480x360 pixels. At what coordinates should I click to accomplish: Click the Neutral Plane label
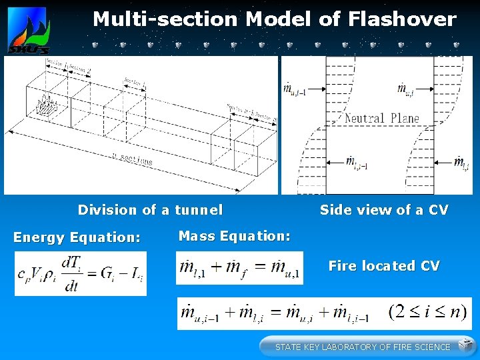pyautogui.click(x=382, y=119)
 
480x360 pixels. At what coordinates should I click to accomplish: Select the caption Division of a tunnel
pyautogui.click(x=150, y=210)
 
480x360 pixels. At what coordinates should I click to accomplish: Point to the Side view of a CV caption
pyautogui.click(x=384, y=210)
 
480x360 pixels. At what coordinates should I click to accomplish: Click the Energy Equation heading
pyautogui.click(x=77, y=237)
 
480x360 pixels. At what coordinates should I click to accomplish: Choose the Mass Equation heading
pyautogui.click(x=234, y=235)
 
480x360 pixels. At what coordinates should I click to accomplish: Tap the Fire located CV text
pyautogui.click(x=384, y=266)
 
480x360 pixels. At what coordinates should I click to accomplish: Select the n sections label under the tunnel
pyautogui.click(x=133, y=161)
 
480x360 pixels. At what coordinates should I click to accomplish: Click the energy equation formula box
pyautogui.click(x=80, y=273)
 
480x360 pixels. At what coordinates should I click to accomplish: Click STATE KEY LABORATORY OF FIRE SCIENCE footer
pyautogui.click(x=363, y=347)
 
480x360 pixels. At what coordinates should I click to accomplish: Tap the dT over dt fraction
pyautogui.click(x=71, y=273)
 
